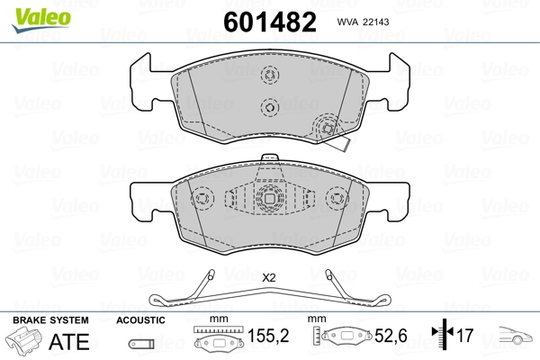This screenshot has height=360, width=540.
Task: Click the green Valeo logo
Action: click(41, 20)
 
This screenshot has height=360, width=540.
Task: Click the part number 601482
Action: click(270, 22)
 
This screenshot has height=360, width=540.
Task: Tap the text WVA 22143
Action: click(363, 22)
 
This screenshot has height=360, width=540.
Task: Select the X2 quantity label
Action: click(268, 278)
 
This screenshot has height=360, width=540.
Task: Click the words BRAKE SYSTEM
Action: click(50, 320)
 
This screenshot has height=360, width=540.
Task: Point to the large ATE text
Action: click(69, 341)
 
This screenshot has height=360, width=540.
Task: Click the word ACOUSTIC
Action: click(140, 320)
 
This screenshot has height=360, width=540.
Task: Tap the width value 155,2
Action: click(268, 336)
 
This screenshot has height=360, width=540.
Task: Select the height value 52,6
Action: click(391, 336)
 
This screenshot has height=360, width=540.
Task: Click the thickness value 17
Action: click(465, 336)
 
